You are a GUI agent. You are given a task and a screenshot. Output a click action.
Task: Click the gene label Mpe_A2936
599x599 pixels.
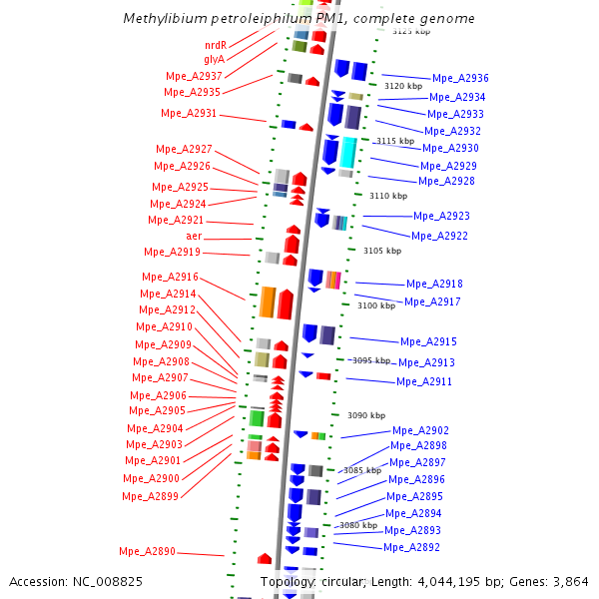(x=460, y=79)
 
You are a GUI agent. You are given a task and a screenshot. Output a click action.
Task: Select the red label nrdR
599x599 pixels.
(x=215, y=46)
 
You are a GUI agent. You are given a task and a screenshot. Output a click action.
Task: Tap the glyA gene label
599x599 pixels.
(x=215, y=60)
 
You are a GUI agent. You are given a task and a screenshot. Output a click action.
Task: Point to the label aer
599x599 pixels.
(x=194, y=237)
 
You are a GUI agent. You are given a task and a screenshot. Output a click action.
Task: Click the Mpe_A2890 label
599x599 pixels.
(x=147, y=551)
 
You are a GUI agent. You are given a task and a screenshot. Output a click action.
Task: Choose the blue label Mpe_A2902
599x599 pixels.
(x=420, y=430)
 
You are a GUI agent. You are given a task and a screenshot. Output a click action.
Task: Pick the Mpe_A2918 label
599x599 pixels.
(x=434, y=285)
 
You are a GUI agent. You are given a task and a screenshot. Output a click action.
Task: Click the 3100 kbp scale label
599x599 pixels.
(x=376, y=305)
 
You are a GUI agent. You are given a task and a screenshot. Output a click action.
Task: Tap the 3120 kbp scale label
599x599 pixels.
(x=403, y=86)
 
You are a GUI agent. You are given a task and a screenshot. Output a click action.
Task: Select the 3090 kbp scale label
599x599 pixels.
(x=365, y=415)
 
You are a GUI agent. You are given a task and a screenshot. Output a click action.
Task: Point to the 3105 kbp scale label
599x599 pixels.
(x=382, y=251)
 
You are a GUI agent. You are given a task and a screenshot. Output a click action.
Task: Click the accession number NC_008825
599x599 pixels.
(x=110, y=581)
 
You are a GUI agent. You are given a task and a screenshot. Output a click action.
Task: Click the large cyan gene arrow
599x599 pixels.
(x=348, y=152)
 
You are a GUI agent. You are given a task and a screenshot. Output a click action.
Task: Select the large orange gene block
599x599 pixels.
(x=268, y=301)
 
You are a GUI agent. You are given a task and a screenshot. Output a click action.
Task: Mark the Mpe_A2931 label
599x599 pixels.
(x=189, y=114)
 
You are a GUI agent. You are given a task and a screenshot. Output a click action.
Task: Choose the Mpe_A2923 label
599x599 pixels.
(x=441, y=216)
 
